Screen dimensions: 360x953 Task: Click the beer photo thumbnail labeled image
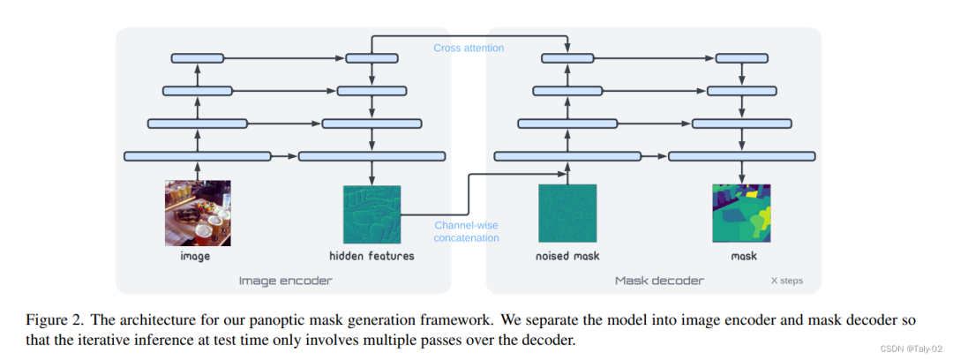click(198, 213)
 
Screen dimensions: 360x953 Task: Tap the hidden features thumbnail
click(371, 214)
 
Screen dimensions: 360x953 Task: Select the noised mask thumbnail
click(567, 214)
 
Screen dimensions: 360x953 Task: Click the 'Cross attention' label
click(469, 48)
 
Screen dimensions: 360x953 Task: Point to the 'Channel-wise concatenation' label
click(467, 232)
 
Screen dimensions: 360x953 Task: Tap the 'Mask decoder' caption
click(659, 281)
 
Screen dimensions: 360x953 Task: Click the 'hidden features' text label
click(371, 257)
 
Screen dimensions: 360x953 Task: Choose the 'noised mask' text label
click(567, 257)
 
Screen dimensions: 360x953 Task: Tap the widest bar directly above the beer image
click(198, 156)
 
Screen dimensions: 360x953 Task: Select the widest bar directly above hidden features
click(371, 156)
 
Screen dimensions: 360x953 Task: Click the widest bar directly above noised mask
click(567, 156)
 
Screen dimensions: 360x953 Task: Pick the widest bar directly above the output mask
click(741, 156)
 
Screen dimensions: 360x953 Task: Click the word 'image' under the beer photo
click(196, 257)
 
